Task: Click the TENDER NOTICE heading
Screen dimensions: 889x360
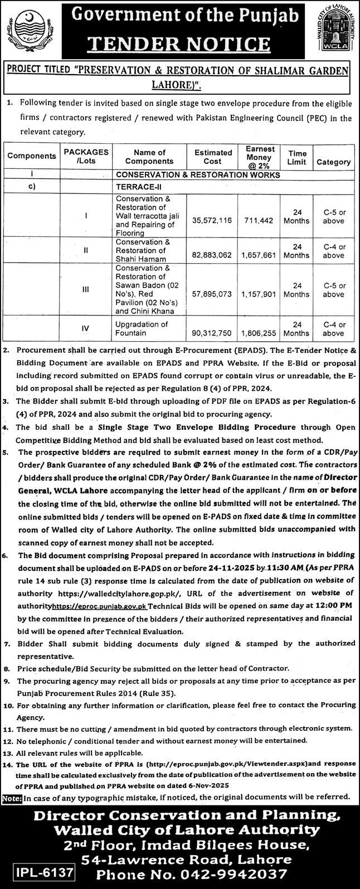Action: point(180,43)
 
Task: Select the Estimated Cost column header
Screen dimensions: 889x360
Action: point(213,157)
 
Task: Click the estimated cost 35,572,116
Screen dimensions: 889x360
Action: point(213,221)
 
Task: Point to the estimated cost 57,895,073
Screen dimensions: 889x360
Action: point(213,293)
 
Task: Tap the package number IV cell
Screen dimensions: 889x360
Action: point(85,329)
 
